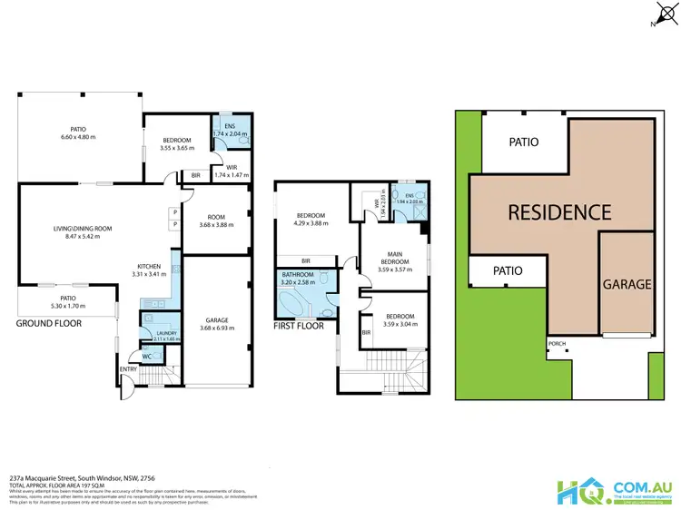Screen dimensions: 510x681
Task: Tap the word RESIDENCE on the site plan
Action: coord(558,212)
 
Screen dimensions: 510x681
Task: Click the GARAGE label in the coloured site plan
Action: coord(627,284)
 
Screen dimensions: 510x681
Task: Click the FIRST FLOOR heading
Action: coord(300,324)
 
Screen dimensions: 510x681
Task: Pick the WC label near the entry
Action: coord(147,356)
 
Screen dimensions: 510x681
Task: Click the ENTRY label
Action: coord(129,369)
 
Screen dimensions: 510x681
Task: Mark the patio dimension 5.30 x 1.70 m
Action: coord(66,305)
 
